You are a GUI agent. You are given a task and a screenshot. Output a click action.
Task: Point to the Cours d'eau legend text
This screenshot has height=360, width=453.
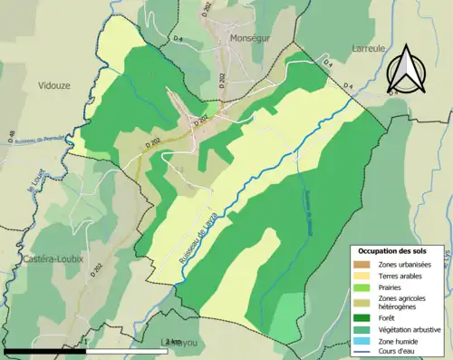tap(403, 352)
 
